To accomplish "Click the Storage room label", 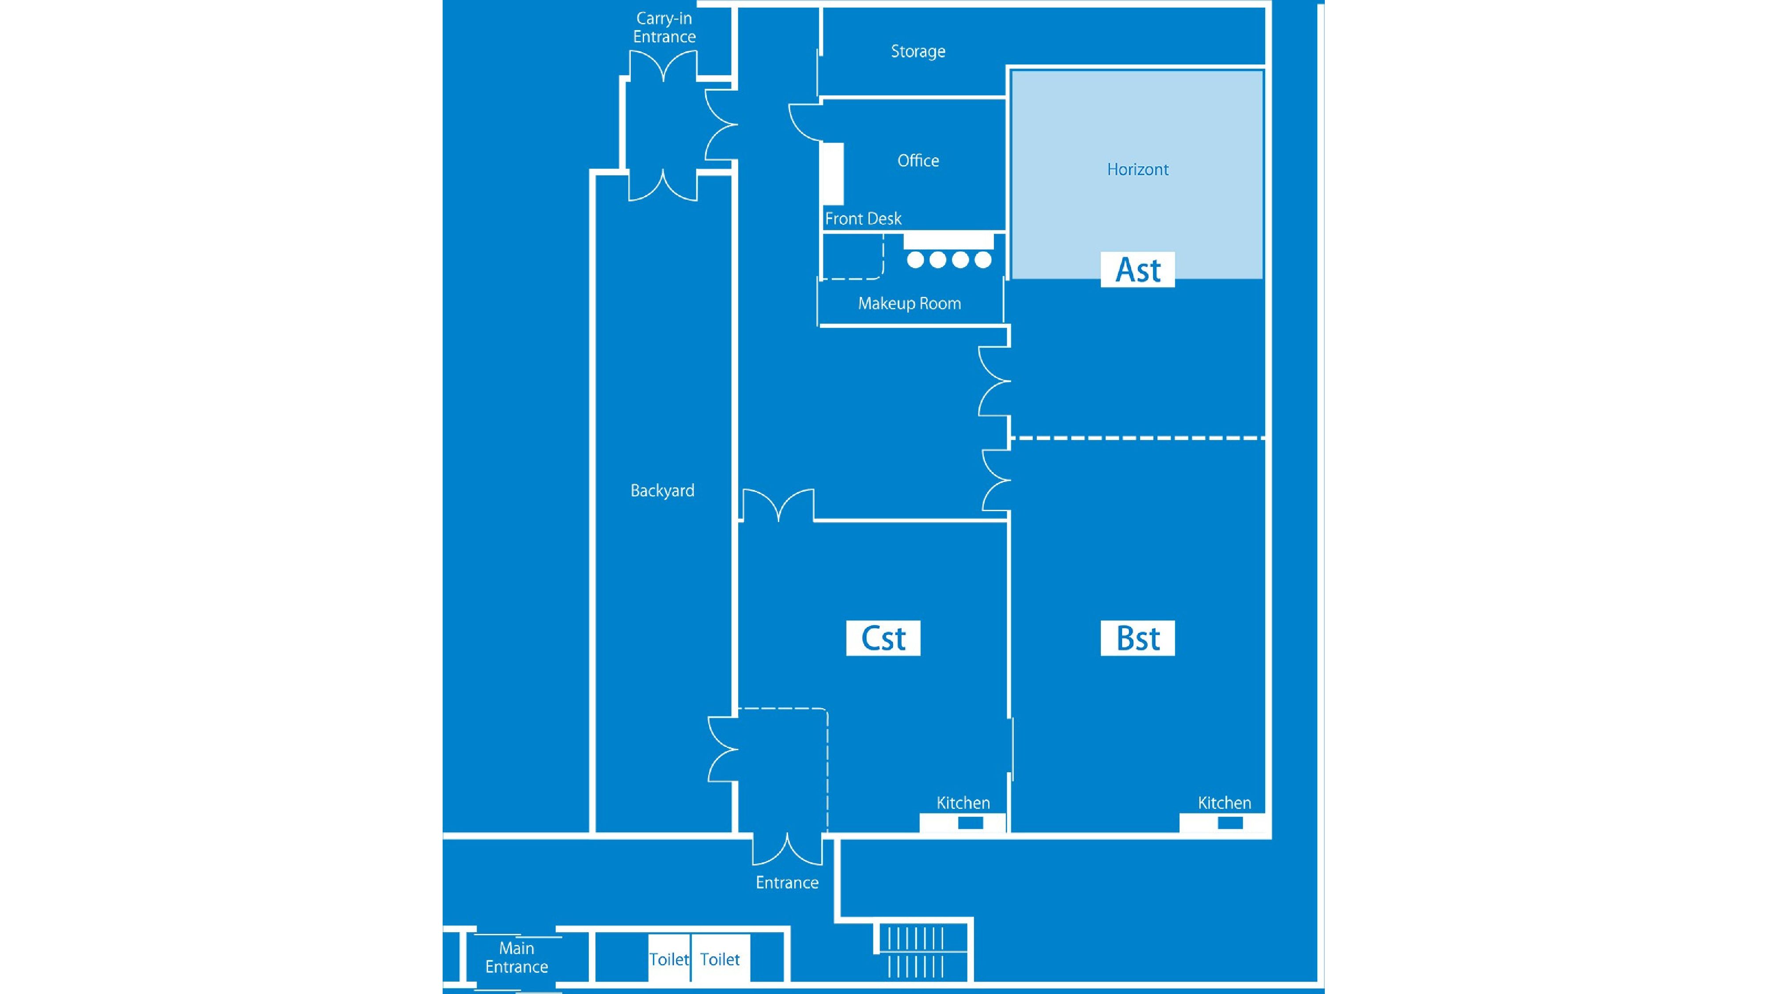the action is click(x=918, y=51).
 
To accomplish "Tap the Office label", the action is click(x=918, y=160).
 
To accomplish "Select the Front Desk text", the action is click(x=863, y=219).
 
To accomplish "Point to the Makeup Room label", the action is click(x=909, y=303).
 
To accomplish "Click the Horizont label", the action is click(x=1138, y=170).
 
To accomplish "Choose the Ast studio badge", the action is click(x=1138, y=269).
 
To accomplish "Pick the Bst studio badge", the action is click(x=1138, y=638).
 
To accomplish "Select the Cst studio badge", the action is click(x=883, y=638).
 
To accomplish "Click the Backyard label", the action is click(x=662, y=490).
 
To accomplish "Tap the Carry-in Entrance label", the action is click(x=664, y=27).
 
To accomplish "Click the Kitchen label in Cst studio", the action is click(x=963, y=803).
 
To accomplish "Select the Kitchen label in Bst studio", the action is click(x=1225, y=803).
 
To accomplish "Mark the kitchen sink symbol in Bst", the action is click(x=1229, y=823).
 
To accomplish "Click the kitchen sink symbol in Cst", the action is click(x=970, y=823).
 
